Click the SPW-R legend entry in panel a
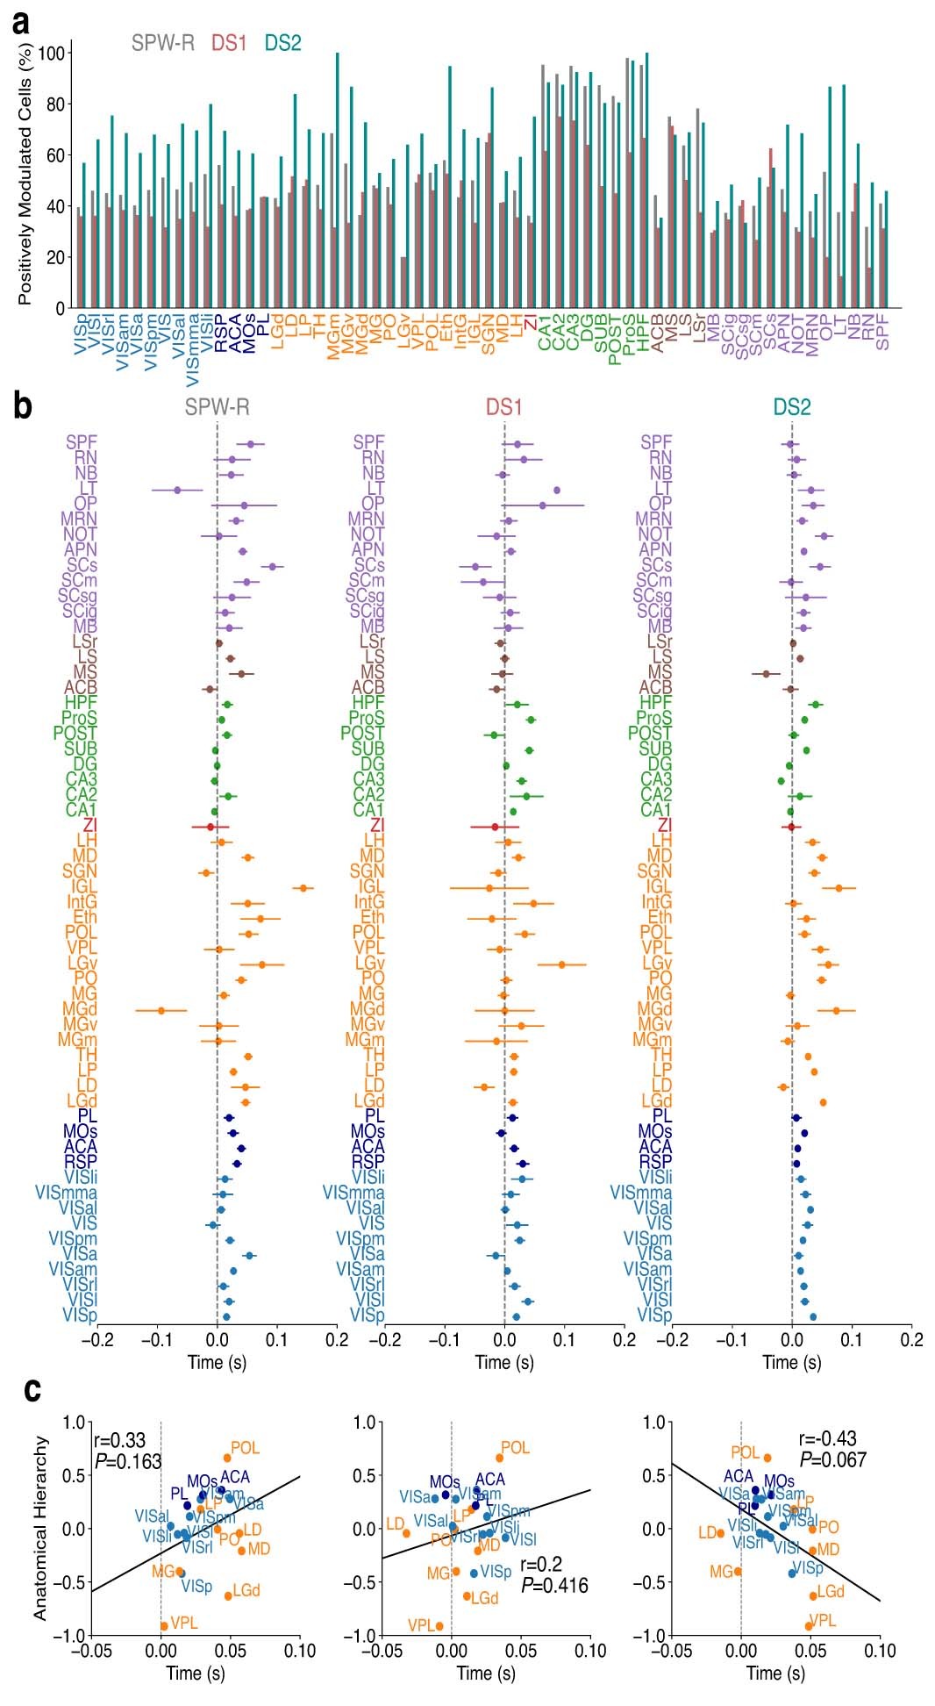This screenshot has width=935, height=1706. (163, 42)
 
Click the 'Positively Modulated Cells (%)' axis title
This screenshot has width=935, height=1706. (25, 175)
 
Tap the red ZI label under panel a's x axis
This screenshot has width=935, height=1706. (530, 326)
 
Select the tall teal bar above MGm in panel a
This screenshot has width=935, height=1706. (338, 180)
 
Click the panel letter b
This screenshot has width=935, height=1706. (24, 405)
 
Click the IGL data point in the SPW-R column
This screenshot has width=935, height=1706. (303, 888)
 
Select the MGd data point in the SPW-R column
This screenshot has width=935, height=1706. (161, 1010)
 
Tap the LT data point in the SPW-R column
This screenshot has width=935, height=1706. (177, 490)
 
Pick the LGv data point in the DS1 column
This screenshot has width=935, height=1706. (562, 964)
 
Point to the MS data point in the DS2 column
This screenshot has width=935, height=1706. (766, 673)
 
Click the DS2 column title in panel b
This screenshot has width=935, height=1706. (791, 407)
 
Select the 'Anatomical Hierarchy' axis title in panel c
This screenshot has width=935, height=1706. (39, 1527)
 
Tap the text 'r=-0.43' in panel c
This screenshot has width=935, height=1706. (827, 1439)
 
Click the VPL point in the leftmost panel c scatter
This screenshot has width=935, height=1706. (164, 1626)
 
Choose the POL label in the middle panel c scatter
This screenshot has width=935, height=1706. (516, 1448)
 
